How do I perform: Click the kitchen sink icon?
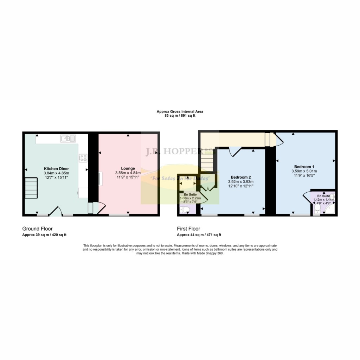pyautogui.click(x=68, y=139)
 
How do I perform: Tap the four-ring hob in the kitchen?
pyautogui.click(x=83, y=158)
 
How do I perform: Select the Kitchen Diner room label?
pyautogui.click(x=56, y=168)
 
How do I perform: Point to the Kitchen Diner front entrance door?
pyautogui.click(x=55, y=211)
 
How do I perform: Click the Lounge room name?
pyautogui.click(x=128, y=168)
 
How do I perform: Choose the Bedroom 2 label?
pyautogui.click(x=241, y=177)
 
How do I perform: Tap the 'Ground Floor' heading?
pyautogui.click(x=37, y=229)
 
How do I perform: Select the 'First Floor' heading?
pyautogui.click(x=188, y=229)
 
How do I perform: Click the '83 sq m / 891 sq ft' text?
pyautogui.click(x=180, y=116)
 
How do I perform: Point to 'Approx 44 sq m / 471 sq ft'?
pyautogui.click(x=199, y=235)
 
